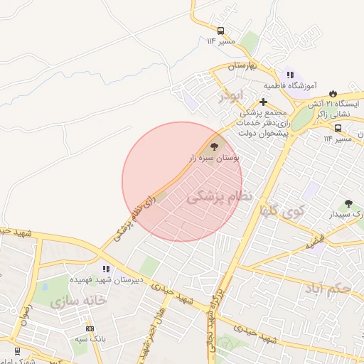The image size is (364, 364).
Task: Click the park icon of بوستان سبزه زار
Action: pos(216,144)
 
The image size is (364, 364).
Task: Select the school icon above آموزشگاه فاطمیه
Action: pos(289,74)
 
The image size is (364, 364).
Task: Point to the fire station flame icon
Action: pos(332,92)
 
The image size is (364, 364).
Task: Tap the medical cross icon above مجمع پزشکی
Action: pos(263,102)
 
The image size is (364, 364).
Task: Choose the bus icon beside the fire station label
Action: pos(337,129)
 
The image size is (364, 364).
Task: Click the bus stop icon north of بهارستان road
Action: pos(221,31)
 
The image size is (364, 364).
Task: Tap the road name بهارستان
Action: pos(242,65)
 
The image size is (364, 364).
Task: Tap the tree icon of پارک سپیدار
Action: pos(348,203)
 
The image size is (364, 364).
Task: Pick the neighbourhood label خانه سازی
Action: pos(78,301)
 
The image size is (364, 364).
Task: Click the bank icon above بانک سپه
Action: pos(90,328)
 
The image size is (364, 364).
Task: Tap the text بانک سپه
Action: pos(92,339)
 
